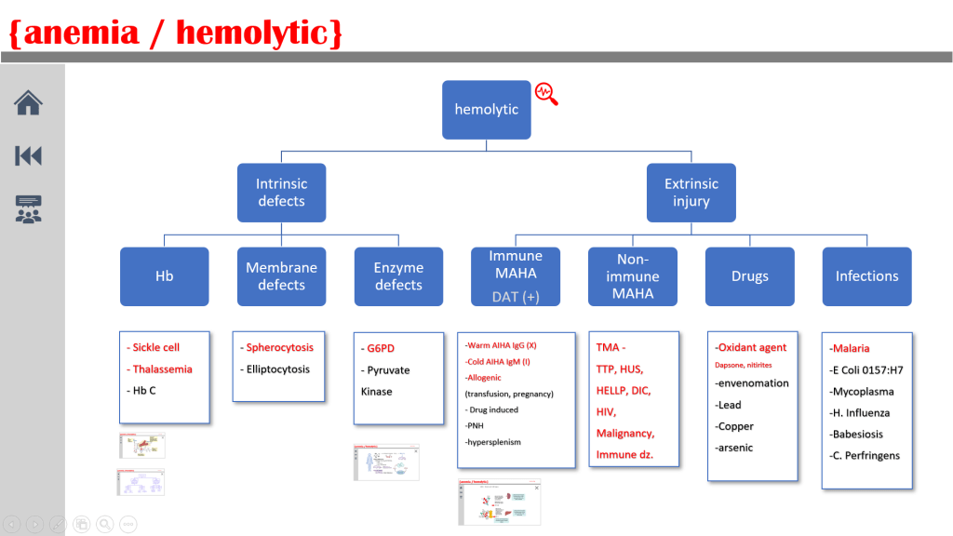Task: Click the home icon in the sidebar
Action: point(28,102)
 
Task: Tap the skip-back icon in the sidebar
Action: point(28,155)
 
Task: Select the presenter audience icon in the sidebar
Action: point(28,208)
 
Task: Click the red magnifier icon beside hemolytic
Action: point(546,93)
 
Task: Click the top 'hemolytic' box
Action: point(486,110)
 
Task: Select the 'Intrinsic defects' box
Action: point(281,193)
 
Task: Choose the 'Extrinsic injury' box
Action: point(691,193)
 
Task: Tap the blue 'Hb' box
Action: point(164,276)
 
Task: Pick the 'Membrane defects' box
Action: point(281,276)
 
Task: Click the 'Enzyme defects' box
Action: point(398,276)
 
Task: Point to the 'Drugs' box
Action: point(749,276)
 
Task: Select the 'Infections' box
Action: point(866,276)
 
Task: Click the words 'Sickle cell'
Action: point(155,347)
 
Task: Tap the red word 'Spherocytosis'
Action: point(279,347)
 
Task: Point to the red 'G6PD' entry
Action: point(381,348)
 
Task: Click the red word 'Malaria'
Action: point(851,348)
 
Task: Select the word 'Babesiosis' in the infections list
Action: point(857,434)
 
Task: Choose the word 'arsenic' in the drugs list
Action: point(735,448)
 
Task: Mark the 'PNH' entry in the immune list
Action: point(477,425)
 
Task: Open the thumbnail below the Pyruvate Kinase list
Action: point(386,462)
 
